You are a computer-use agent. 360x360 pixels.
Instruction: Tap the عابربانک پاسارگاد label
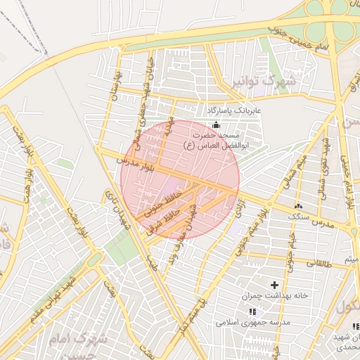(x=233, y=111)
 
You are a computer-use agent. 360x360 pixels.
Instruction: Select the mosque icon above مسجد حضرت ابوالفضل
(x=215, y=124)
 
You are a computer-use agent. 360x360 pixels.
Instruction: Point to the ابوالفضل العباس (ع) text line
(x=211, y=144)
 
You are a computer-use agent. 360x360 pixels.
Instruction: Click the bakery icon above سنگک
(x=299, y=206)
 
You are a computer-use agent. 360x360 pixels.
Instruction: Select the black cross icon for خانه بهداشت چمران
(x=274, y=284)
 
